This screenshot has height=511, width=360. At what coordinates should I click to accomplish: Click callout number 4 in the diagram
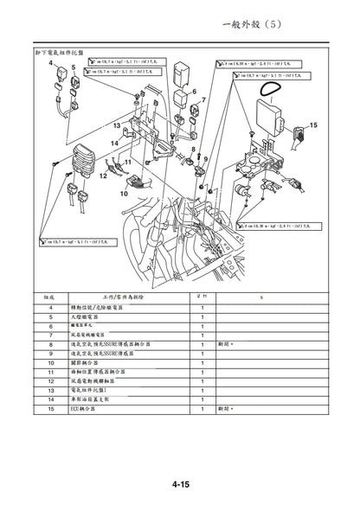pyautogui.click(x=50, y=64)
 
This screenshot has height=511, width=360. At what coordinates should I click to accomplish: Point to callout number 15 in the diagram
pyautogui.click(x=313, y=125)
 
